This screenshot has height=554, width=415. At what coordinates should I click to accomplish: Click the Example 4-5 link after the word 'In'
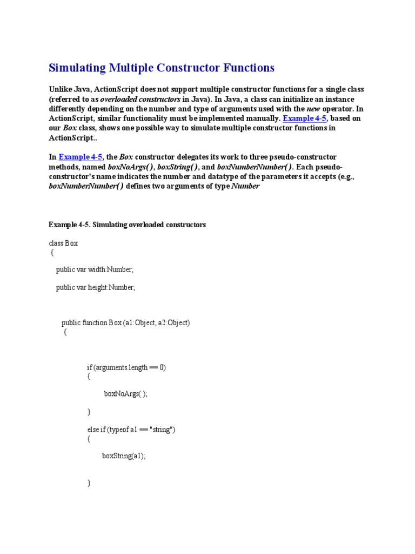coord(81,157)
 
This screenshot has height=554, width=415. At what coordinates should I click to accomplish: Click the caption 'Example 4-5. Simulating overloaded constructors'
coord(127,225)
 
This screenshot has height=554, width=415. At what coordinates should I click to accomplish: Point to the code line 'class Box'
coord(63,243)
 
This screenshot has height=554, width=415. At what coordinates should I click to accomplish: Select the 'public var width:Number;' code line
coord(95,269)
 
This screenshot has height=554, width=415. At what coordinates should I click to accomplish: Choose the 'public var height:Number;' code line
coord(96,288)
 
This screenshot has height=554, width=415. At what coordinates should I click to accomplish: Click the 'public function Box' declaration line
coord(126,323)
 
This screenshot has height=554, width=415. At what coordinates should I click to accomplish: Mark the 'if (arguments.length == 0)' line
coord(126,367)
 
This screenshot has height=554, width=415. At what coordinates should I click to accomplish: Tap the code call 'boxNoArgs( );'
coord(125,394)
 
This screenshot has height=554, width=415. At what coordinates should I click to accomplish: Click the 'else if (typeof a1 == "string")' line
coord(131,430)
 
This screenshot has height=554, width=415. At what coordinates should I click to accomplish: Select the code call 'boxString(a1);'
coord(124,456)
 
